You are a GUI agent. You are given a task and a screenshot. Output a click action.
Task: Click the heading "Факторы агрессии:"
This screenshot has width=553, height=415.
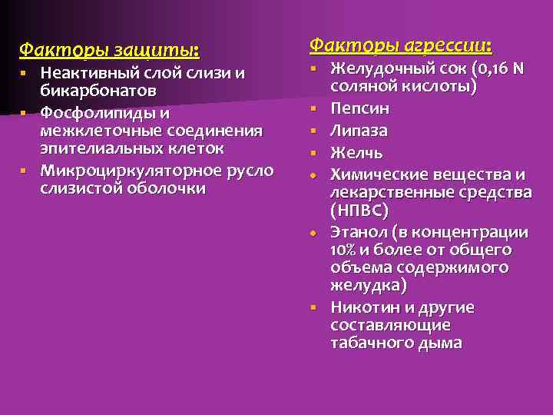pyautogui.click(x=400, y=45)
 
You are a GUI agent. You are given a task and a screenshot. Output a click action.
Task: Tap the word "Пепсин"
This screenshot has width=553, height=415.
pyautogui.click(x=359, y=108)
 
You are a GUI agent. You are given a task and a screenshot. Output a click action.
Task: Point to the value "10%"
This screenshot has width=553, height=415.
pyautogui.click(x=342, y=251)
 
